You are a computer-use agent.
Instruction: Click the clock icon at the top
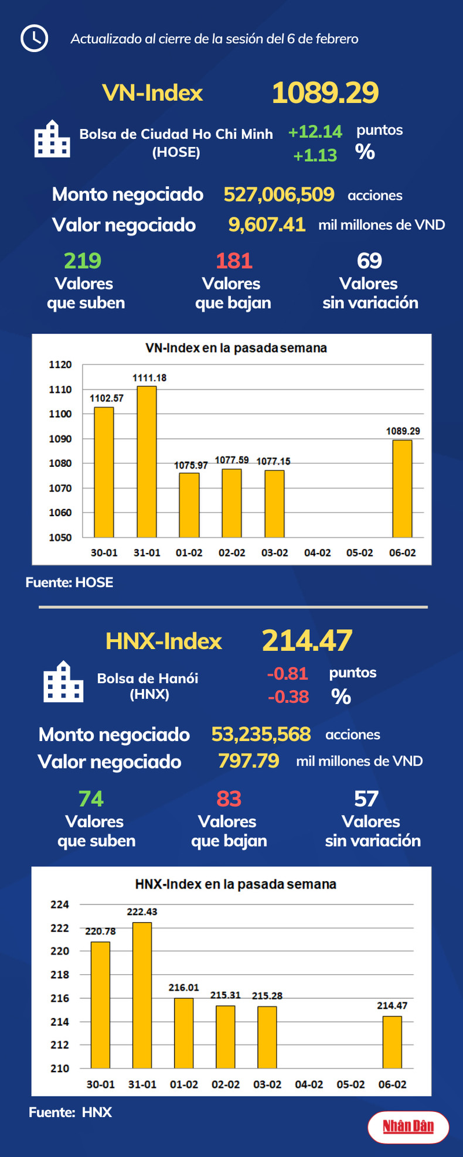coord(34,38)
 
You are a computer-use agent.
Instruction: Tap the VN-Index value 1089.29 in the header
coord(325,93)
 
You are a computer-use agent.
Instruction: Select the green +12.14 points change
coord(315,132)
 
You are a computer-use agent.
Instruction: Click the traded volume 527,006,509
coord(279,194)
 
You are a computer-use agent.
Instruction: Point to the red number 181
coord(234,261)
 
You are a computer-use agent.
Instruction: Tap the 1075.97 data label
coord(190,465)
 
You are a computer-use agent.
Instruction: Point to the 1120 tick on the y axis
coord(60,364)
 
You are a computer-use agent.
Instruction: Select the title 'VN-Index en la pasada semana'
coord(236,348)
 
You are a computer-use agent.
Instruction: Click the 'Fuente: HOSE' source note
coord(69,582)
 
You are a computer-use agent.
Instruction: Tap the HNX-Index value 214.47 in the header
coord(307,640)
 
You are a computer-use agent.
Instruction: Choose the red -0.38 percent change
coord(288,697)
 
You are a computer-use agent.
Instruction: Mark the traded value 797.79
coord(248,761)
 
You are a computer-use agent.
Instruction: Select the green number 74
coord(91,798)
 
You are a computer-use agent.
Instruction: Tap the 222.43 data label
coord(142,912)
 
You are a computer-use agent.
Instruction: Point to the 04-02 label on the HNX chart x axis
coord(309,1084)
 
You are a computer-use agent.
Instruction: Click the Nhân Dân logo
coord(408,1127)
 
